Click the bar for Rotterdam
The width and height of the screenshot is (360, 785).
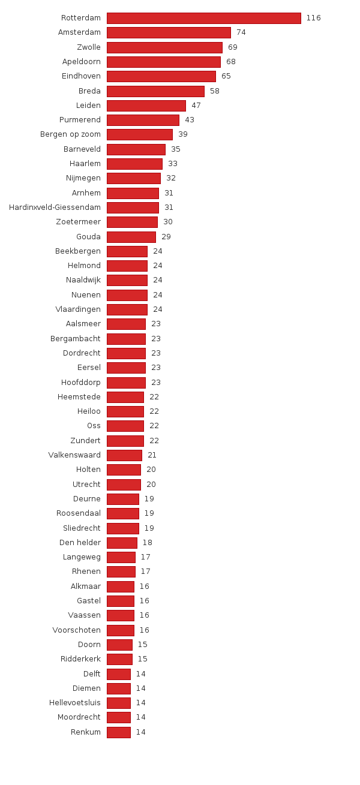pos(203,18)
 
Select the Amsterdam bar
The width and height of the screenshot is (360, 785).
pos(169,32)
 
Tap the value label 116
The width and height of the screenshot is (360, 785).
pos(313,18)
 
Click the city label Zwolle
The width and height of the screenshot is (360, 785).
pos(88,47)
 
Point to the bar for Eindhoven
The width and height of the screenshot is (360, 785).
pos(161,76)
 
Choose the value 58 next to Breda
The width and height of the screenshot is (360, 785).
pos(215,91)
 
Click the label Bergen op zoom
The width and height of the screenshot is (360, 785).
pos(70,134)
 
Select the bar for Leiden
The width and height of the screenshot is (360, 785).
pos(146,106)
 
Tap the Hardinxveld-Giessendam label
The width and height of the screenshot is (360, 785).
pos(55,207)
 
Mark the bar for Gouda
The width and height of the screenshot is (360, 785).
pos(131,237)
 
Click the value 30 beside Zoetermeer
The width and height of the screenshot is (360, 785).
pos(168,222)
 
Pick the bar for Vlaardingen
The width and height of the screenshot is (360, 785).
pos(127,309)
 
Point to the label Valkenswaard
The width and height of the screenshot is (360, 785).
pos(74,455)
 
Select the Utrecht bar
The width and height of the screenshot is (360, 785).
pos(124,485)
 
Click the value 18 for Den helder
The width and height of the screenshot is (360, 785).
pos(147,543)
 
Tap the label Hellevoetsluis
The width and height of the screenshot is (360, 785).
pos(75,703)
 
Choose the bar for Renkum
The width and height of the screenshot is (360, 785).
pos(118,732)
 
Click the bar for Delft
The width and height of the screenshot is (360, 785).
pos(118,674)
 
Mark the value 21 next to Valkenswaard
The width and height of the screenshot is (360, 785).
pos(152,455)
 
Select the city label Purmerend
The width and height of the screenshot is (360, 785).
pos(80,120)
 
